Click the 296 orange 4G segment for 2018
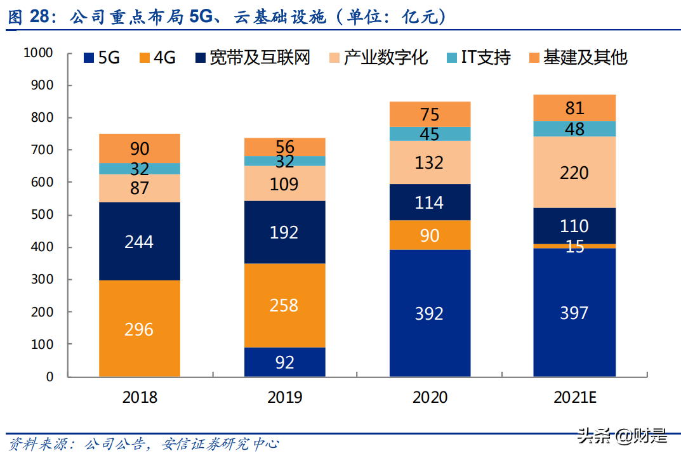tap(140, 329)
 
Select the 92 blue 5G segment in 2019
tap(284, 362)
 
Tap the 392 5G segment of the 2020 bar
tap(429, 313)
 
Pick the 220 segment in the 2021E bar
tap(574, 173)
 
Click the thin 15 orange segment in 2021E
tap(574, 246)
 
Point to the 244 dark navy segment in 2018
tap(140, 241)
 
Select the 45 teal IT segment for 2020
tap(429, 134)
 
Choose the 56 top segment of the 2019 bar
tap(284, 147)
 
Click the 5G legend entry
tap(102, 58)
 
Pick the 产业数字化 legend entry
tap(378, 58)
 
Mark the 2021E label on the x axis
tap(574, 398)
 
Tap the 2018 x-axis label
tap(140, 398)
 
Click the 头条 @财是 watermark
tap(621, 436)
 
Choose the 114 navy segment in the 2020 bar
tap(429, 202)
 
